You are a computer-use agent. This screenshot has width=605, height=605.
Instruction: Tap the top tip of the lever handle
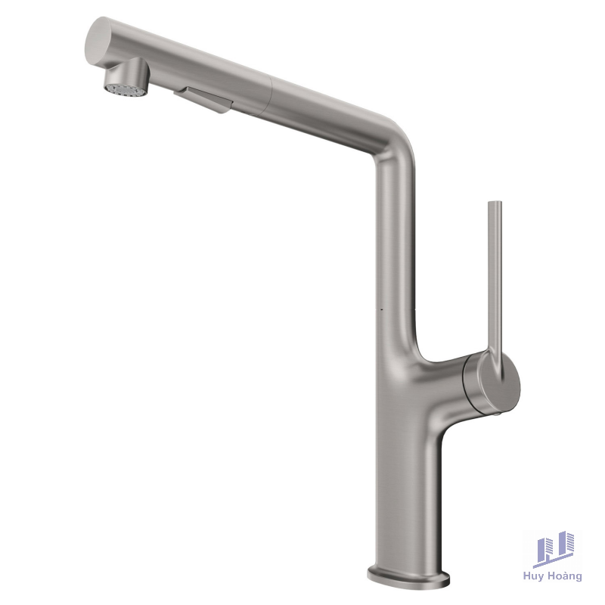pyautogui.click(x=495, y=204)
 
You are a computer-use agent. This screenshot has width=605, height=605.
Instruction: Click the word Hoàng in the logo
pyautogui.click(x=566, y=576)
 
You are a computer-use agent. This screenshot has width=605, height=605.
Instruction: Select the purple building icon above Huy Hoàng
pyautogui.click(x=553, y=548)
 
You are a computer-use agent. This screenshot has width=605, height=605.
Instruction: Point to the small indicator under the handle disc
pyautogui.click(x=496, y=414)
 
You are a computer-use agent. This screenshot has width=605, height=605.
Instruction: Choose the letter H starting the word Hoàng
pyautogui.click(x=554, y=576)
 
